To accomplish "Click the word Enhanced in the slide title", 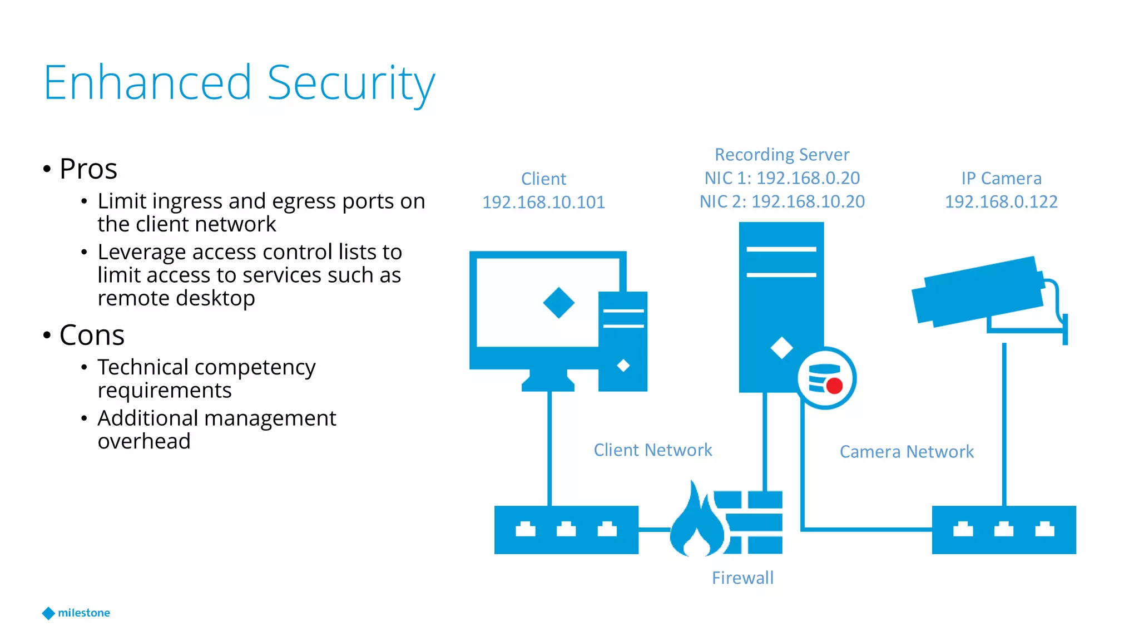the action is (x=148, y=83).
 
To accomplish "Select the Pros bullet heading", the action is (x=88, y=169).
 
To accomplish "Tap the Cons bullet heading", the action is (x=92, y=335).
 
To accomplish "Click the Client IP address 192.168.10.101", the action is (x=543, y=202).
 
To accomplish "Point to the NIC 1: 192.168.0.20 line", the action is (x=782, y=178).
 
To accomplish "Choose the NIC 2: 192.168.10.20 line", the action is (x=782, y=201).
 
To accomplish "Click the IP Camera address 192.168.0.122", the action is (x=1001, y=201).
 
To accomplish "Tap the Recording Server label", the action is (x=782, y=154).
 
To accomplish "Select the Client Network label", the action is (x=653, y=450).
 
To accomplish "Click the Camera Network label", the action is (x=907, y=451).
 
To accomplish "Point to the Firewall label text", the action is (x=742, y=578).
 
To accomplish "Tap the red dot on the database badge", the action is (x=834, y=385).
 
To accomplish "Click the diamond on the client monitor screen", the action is (x=558, y=303).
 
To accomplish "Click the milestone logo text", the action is (x=84, y=613).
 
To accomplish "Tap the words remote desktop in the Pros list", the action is (x=176, y=298).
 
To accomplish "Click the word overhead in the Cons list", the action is (x=144, y=441).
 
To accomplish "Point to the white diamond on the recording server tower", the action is (x=781, y=348).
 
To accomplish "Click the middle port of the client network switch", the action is (x=566, y=529).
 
